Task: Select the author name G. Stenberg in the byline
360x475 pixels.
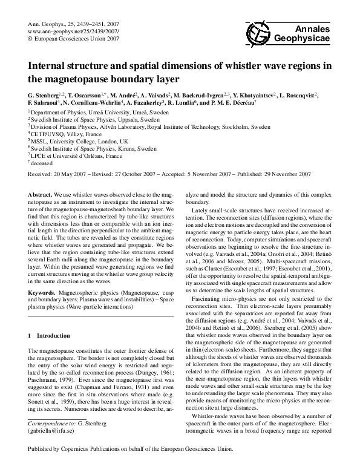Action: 43,95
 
